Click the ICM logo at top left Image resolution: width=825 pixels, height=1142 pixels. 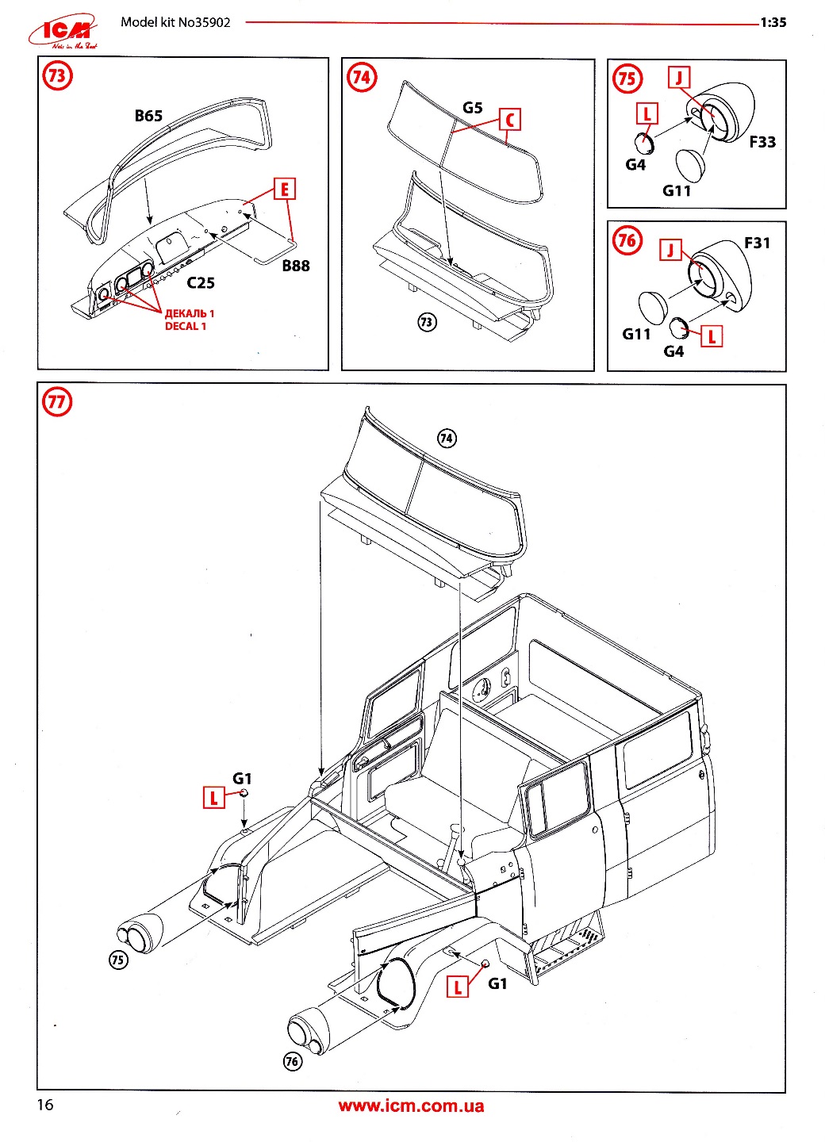(x=63, y=33)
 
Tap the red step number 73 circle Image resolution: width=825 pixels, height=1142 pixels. (x=57, y=77)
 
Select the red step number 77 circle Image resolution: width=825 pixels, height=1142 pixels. (x=56, y=402)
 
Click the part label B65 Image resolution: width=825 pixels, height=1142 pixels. (x=148, y=116)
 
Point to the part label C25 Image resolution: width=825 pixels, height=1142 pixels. (x=201, y=283)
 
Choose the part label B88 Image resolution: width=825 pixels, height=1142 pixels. (x=296, y=266)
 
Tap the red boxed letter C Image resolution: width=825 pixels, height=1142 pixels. (x=510, y=121)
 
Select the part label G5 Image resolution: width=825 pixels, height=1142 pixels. (x=472, y=108)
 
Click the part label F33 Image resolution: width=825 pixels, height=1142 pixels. (x=762, y=142)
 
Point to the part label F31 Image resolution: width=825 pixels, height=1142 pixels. (x=757, y=243)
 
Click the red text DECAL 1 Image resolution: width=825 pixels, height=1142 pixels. (x=186, y=326)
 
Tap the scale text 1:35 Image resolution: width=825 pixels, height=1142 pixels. (x=773, y=22)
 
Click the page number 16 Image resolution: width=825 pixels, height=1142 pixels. (x=45, y=1105)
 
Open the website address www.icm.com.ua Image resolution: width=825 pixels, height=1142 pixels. (x=411, y=1106)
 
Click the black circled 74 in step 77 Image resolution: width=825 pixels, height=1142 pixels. (x=447, y=439)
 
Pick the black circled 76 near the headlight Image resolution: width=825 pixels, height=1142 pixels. (x=293, y=1061)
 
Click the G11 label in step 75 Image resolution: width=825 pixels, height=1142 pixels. (x=677, y=191)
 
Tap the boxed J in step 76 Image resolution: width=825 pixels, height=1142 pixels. (x=671, y=251)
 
